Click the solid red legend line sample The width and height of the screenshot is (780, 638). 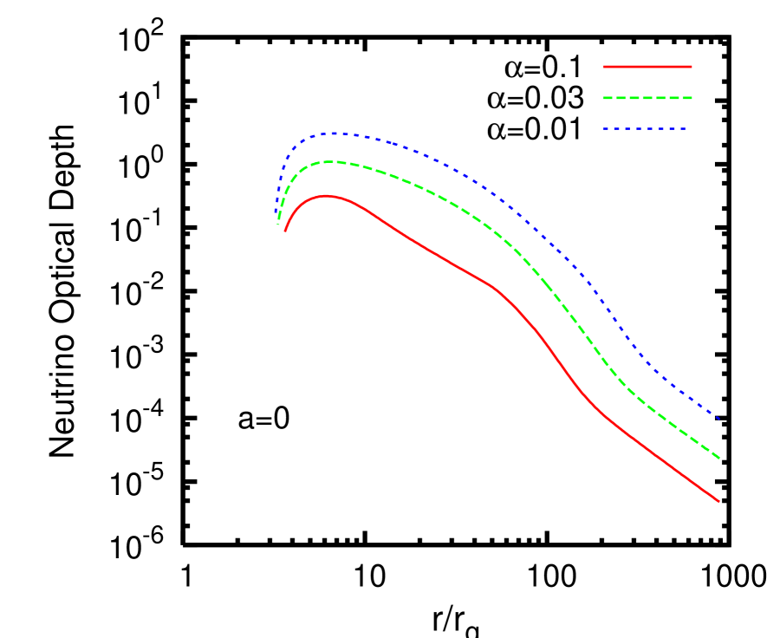point(647,67)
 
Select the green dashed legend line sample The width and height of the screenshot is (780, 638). point(647,98)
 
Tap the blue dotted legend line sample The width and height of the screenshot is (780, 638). point(645,129)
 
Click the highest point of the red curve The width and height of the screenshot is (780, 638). point(326,196)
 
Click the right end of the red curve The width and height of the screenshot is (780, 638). point(718,501)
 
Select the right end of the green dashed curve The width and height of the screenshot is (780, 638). point(718,457)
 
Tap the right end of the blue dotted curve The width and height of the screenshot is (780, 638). point(718,418)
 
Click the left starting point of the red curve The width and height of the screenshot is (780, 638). point(284,231)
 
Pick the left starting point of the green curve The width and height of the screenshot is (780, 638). point(278,225)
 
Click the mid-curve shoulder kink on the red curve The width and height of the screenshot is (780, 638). point(496,289)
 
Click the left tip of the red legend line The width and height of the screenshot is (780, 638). point(604,67)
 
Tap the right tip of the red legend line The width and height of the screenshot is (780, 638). point(691,67)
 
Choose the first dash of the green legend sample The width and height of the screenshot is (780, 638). point(608,98)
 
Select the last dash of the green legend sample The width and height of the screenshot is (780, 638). point(686,98)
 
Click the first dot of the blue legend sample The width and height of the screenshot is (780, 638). point(606,129)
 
